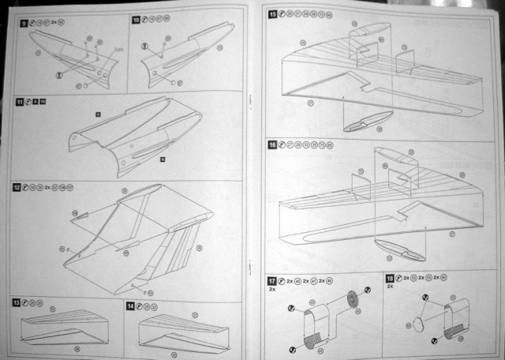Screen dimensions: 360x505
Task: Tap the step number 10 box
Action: [x=135, y=17]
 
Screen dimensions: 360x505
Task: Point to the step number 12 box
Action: [x=17, y=187]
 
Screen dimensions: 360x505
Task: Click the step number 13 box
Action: [x=16, y=303]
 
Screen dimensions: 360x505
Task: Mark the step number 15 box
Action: [x=273, y=14]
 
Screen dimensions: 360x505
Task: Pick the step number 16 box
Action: [x=272, y=144]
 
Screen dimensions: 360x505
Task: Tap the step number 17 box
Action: [x=272, y=279]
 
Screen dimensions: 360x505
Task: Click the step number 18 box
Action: [x=391, y=279]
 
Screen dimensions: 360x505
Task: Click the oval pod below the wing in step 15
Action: [x=364, y=121]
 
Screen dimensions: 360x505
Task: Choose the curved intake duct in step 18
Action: [x=458, y=321]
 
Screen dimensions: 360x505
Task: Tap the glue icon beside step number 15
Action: [x=283, y=14]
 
